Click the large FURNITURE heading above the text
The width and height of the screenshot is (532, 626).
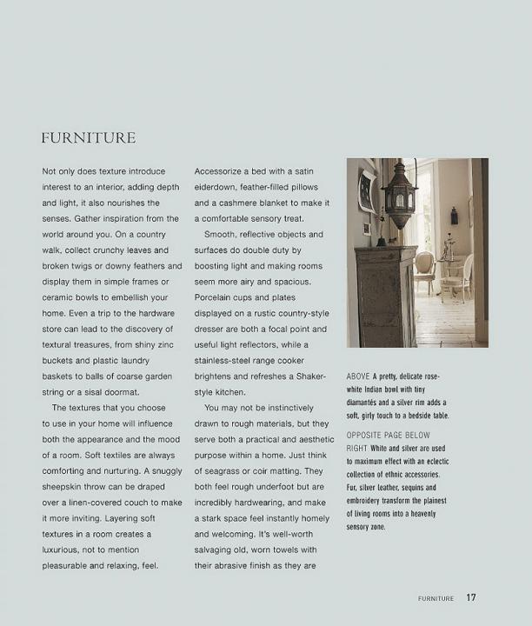pos(88,138)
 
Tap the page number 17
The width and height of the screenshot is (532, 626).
pos(471,597)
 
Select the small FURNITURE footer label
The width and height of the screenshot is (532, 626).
pos(436,598)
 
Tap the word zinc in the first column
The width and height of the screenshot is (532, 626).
pos(172,344)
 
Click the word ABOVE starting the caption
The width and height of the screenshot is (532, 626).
pos(358,376)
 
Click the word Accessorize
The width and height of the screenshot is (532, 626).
pos(223,171)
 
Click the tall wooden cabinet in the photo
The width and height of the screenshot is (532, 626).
pos(383,296)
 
